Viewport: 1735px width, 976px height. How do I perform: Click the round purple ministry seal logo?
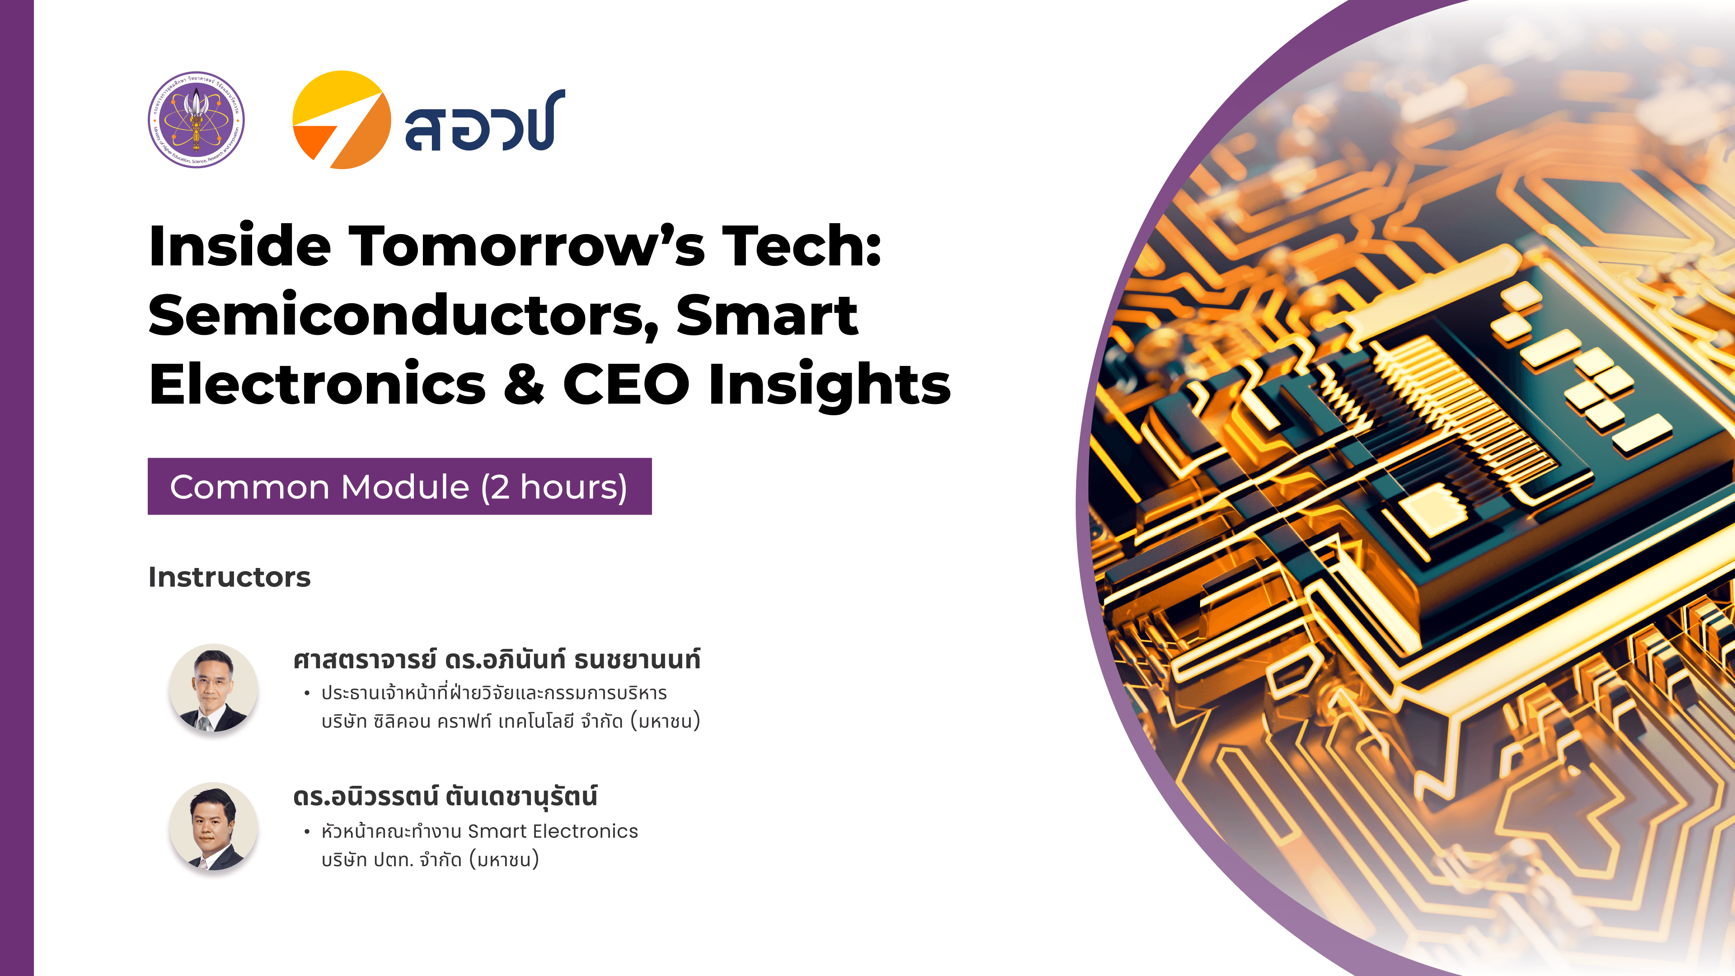(x=196, y=120)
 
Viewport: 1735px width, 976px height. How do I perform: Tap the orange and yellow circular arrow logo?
(x=342, y=120)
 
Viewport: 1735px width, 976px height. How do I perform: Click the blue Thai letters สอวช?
(x=483, y=121)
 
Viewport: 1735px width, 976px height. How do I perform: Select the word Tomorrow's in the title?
(x=527, y=247)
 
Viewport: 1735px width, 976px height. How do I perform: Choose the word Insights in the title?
(x=830, y=386)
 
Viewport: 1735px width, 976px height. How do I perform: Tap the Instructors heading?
(x=230, y=577)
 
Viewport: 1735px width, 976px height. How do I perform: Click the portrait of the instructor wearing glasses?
(x=213, y=688)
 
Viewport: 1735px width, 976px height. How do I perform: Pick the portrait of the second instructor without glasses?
(x=213, y=826)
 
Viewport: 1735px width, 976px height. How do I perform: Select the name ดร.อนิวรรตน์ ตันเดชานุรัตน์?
(x=445, y=797)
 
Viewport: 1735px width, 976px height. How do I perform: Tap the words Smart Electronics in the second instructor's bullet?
(x=552, y=831)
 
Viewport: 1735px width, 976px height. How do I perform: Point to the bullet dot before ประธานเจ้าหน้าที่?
(x=307, y=693)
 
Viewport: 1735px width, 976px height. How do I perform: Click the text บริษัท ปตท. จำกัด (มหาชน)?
(x=430, y=860)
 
